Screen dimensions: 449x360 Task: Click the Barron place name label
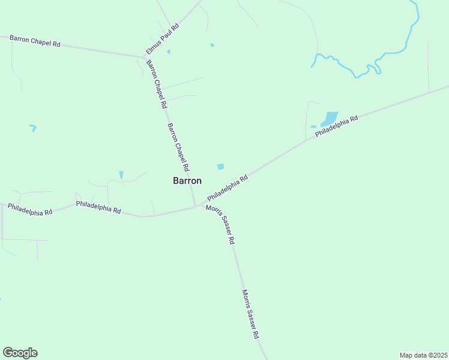coord(187,180)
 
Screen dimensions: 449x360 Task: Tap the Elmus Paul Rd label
coord(163,40)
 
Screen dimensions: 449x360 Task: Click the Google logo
coord(20,353)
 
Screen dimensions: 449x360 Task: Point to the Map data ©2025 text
coord(423,355)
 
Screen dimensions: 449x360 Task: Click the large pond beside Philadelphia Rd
coord(330,118)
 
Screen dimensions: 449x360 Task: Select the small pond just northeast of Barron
coord(220,166)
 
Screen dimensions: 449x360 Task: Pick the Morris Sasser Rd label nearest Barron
coord(220,224)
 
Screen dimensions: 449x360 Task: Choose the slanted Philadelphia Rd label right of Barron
coord(228,188)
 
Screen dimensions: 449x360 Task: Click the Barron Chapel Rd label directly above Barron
coord(178,147)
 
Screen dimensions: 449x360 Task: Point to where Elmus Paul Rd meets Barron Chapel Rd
coord(144,58)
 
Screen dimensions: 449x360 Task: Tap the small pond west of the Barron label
coord(121,175)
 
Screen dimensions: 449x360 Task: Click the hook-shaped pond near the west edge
coord(33,127)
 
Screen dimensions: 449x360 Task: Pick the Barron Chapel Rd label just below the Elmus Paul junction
coord(157,83)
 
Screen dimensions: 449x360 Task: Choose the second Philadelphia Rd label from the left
coord(98,208)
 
